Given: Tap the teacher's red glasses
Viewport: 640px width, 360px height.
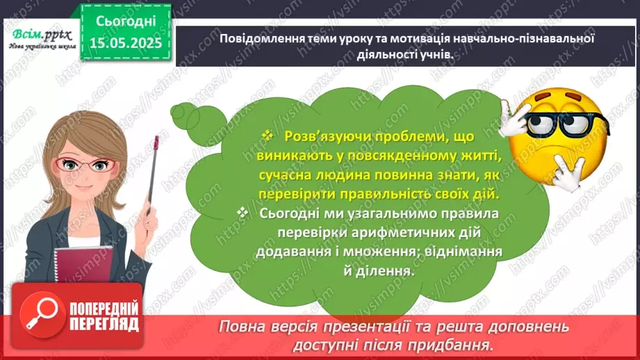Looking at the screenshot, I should (x=91, y=165).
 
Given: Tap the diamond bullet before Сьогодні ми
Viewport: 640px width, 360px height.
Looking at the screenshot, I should (x=242, y=213).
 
